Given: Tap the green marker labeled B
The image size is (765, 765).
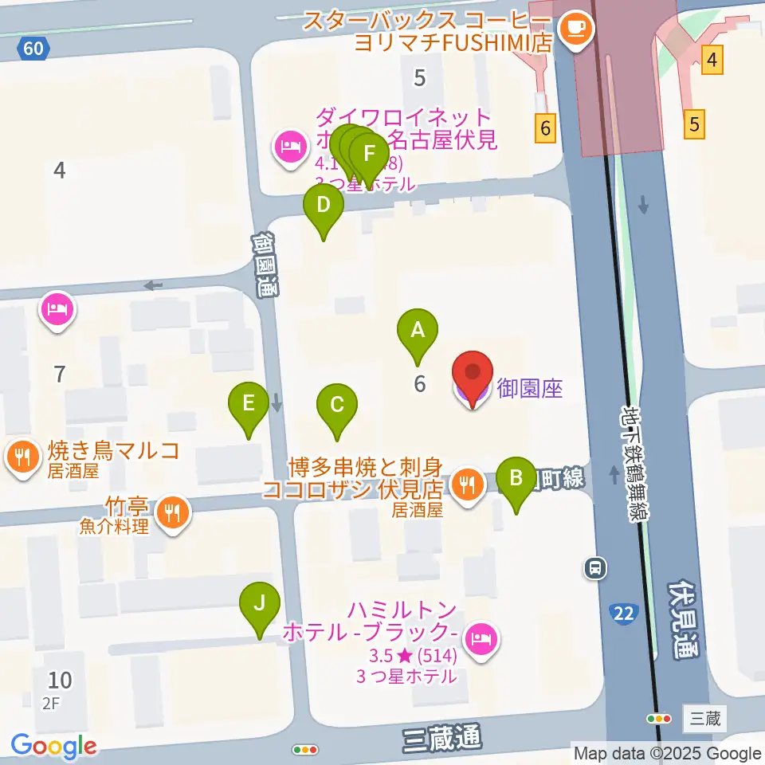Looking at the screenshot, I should pos(516,478).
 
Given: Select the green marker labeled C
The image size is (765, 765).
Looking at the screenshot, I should pos(336,405).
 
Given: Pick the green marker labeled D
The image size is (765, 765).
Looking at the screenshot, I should pos(323,206).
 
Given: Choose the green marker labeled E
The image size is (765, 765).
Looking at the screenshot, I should pos(249,403).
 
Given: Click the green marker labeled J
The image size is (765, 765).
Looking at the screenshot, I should pos(260,602).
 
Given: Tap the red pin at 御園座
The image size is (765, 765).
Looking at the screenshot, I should pos(472,375).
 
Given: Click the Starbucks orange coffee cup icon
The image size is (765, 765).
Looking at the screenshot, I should pos(574,29).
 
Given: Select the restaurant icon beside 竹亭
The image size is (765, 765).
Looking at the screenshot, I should pos(173,510).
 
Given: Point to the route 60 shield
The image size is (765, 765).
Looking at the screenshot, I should pos(33,49).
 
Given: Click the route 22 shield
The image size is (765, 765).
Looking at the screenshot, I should pos(624,612).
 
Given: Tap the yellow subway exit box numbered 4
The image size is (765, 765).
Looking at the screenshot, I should pos(712,59).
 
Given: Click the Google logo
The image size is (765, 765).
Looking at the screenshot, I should pos(54,747).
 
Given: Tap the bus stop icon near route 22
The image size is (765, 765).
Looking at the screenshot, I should pos(594,567).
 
